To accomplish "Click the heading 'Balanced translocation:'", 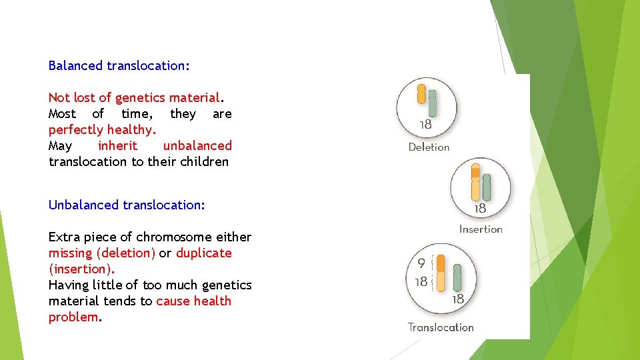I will [119, 66].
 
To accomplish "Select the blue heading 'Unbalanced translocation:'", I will [127, 205].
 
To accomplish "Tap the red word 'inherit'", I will [117, 146].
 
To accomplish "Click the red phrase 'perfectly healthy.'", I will [102, 130].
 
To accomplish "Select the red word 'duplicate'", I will [203, 253].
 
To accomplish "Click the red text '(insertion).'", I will [81, 269].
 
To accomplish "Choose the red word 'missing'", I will [71, 253].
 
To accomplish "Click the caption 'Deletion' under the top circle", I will [429, 147].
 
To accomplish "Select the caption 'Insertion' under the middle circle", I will [481, 229].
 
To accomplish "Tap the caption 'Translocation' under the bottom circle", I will [441, 327].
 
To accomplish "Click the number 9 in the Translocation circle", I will [421, 264].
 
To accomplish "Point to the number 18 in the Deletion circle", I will [425, 125].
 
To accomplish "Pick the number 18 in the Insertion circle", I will [479, 209].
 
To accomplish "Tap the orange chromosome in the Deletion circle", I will [421, 94].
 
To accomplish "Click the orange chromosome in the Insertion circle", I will [475, 181].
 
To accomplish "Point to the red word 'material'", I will [194, 98].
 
